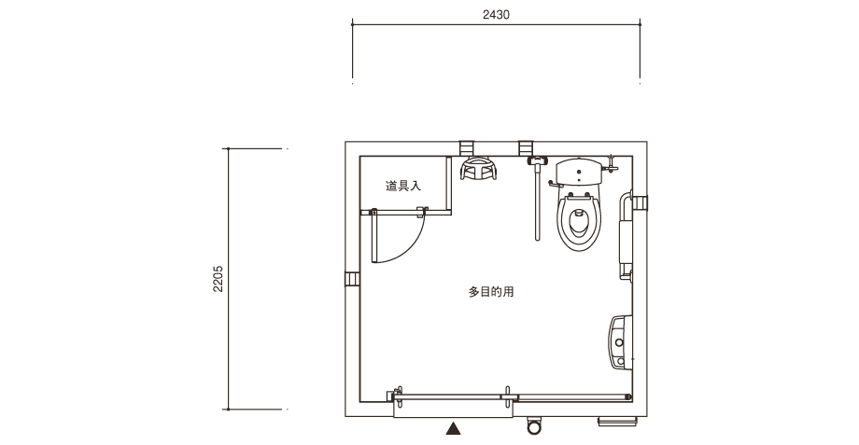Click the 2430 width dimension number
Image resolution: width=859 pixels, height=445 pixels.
click(x=496, y=15)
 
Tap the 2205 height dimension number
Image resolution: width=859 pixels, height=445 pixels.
click(x=218, y=279)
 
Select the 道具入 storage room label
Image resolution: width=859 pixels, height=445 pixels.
click(x=403, y=186)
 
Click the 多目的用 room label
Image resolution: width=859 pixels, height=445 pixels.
click(x=491, y=292)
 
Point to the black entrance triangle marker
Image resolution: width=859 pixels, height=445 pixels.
click(x=453, y=428)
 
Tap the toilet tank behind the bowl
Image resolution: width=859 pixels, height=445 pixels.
click(x=579, y=173)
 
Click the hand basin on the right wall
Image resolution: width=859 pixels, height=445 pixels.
click(x=621, y=342)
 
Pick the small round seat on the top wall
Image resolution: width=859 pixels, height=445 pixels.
click(x=478, y=169)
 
